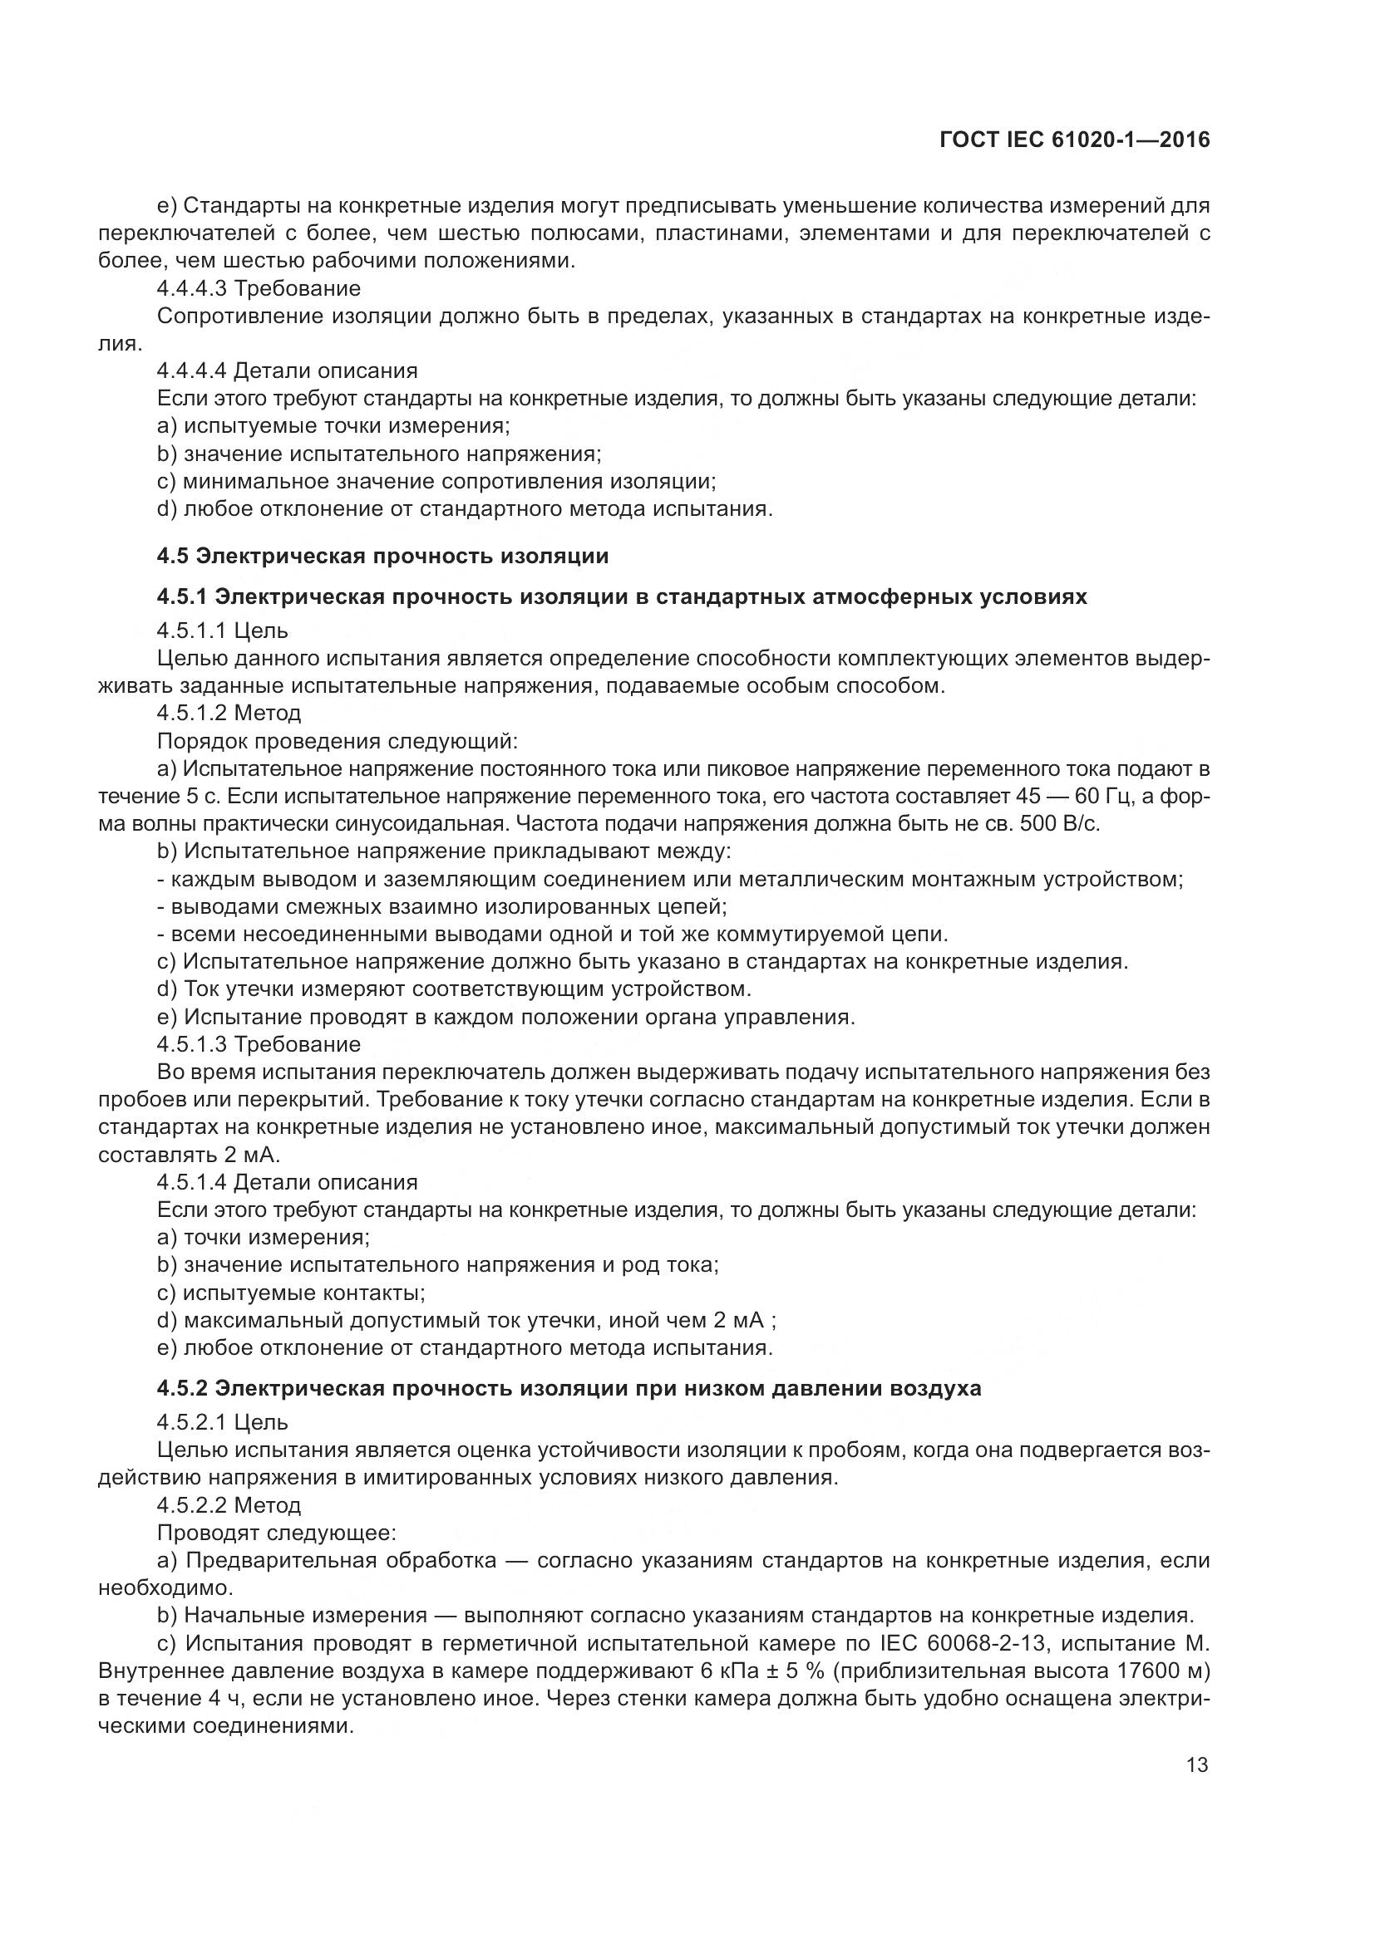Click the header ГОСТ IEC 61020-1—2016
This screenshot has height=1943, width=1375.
pos(1073,140)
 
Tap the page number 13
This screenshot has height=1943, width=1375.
pos(1197,1765)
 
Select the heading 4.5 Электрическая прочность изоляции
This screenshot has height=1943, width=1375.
pos(382,556)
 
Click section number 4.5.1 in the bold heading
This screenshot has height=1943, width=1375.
pos(182,596)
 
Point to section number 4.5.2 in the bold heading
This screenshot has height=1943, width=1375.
pos(182,1388)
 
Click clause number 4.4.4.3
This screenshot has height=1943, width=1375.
pos(192,288)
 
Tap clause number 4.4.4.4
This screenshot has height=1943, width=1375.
pos(192,370)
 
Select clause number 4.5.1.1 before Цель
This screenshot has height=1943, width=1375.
pos(192,630)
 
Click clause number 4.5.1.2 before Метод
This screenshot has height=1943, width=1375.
pos(192,713)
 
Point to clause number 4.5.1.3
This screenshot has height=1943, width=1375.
pos(192,1044)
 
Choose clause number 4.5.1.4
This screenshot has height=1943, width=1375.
pos(192,1181)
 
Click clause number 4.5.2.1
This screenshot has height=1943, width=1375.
pos(192,1421)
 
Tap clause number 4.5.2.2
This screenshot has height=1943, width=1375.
pos(192,1504)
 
